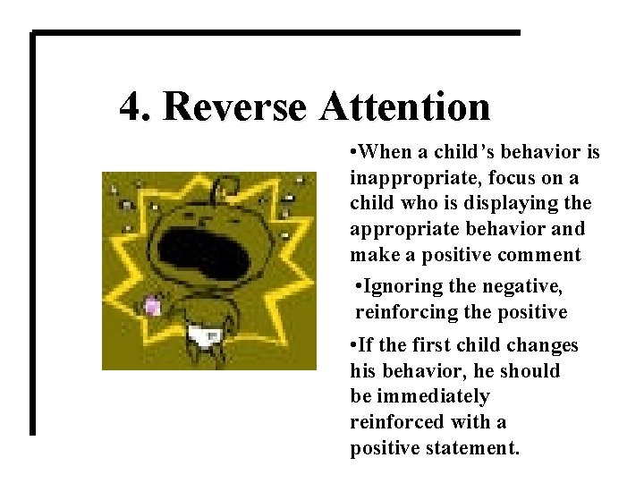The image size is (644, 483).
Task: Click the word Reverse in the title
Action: (x=235, y=107)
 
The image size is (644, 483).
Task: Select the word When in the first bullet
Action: (x=391, y=153)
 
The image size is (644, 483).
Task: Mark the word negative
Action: (x=528, y=287)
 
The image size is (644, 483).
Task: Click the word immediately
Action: (x=432, y=396)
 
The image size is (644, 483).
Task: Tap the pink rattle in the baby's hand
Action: (x=153, y=307)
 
